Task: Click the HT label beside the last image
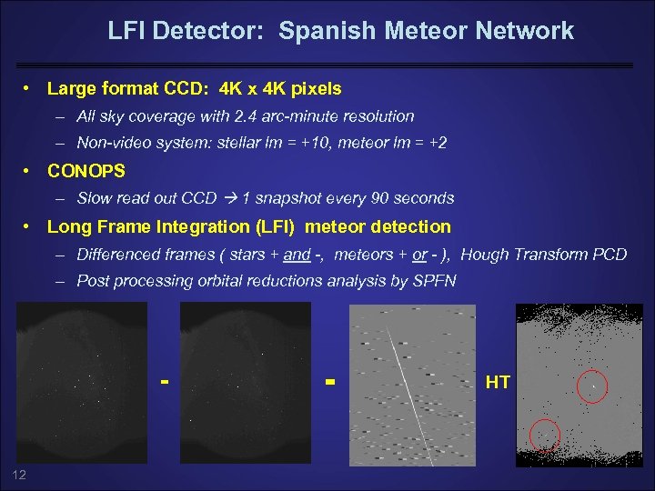498,383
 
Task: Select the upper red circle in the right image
593,386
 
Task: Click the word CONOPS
86,171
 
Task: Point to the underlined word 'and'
297,255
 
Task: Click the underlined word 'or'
419,255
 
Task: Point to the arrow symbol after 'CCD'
231,198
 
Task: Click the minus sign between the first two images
165,380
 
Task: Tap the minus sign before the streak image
330,380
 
